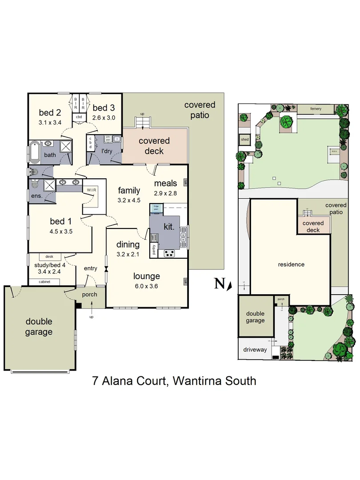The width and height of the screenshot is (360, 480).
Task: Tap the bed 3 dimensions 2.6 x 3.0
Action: pos(104,118)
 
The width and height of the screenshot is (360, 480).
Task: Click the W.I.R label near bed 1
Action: pos(92,190)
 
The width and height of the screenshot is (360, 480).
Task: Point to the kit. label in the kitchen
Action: pos(169,227)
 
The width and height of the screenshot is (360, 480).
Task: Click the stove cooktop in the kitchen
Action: pos(170,253)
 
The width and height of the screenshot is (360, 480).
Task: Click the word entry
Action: pos(90,268)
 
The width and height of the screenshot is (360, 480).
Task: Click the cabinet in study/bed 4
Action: pos(44,282)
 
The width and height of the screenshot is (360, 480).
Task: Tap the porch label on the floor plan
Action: pos(90,295)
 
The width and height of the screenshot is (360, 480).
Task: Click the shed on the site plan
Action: pos(245,139)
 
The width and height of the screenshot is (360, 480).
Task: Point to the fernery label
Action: pos(316,109)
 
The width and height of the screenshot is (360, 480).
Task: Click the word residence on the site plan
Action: pos(291,264)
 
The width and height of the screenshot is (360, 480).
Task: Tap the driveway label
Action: pos(255,349)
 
